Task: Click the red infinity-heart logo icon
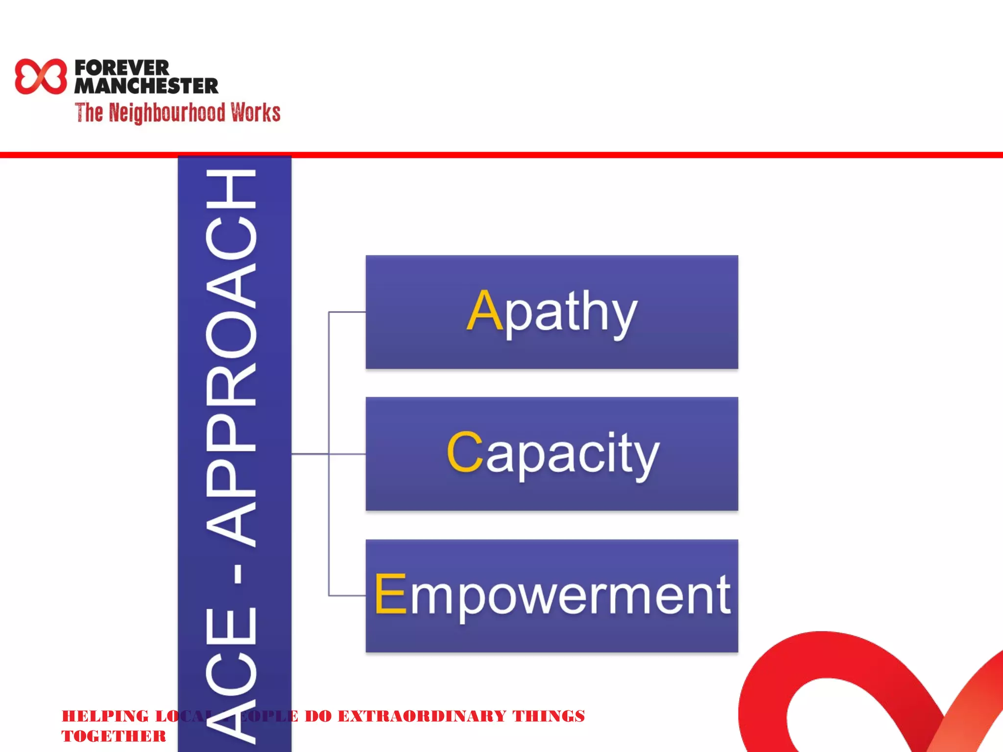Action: pyautogui.click(x=41, y=76)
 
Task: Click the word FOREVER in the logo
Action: pyautogui.click(x=122, y=68)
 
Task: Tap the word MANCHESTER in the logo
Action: pyautogui.click(x=146, y=86)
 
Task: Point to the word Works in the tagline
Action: pyautogui.click(x=256, y=113)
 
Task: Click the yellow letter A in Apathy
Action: pyautogui.click(x=484, y=310)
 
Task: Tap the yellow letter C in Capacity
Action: pyautogui.click(x=465, y=452)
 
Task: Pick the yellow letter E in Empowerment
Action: pyautogui.click(x=391, y=594)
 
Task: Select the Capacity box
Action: pyautogui.click(x=551, y=490)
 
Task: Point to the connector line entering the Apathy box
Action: pyautogui.click(x=347, y=312)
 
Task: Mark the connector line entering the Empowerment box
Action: pyautogui.click(x=347, y=595)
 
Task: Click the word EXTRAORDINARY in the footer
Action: pyautogui.click(x=422, y=716)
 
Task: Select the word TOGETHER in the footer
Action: pyautogui.click(x=114, y=736)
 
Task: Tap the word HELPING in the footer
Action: pyautogui.click(x=105, y=716)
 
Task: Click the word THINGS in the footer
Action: pyautogui.click(x=549, y=716)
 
